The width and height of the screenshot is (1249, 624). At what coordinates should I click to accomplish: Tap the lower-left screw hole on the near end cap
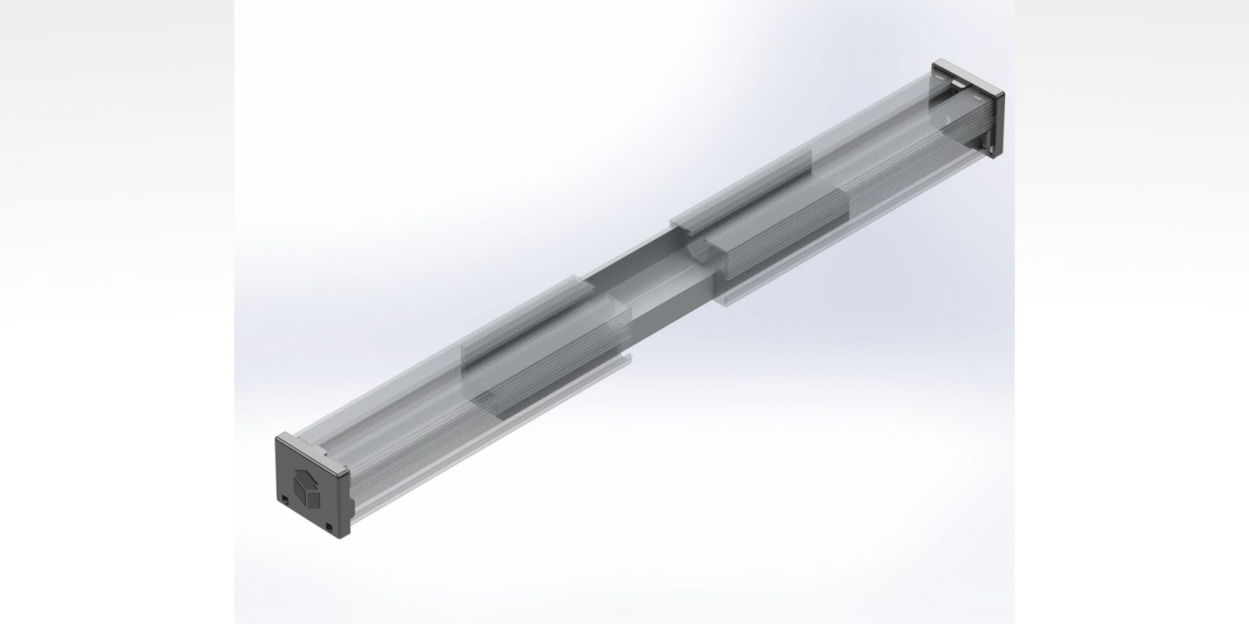(286, 498)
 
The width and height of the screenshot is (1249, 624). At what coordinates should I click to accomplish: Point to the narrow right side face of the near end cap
(346, 505)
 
